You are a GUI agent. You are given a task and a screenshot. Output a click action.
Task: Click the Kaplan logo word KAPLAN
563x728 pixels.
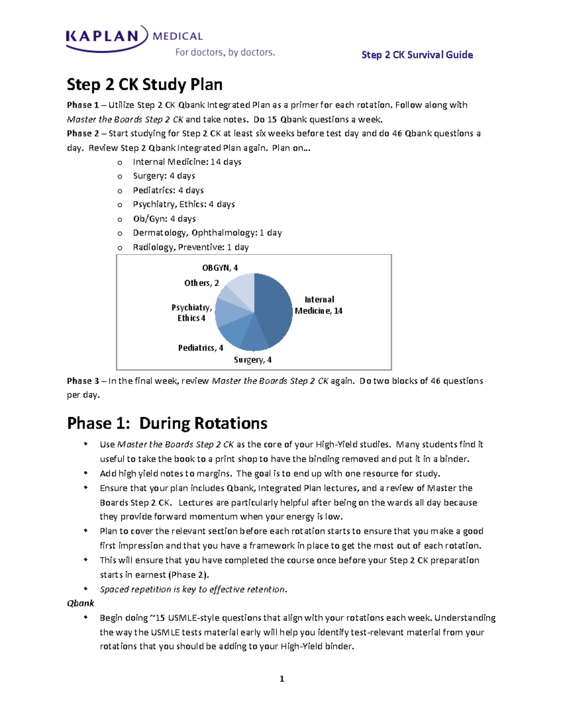point(103,36)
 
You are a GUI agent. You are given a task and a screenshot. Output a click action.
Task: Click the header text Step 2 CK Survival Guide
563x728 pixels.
point(417,55)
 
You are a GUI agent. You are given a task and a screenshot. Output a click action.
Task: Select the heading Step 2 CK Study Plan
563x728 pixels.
point(145,85)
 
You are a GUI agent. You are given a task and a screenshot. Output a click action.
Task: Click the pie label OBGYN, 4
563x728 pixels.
point(220,268)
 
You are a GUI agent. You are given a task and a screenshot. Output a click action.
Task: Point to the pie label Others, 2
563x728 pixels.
point(201,283)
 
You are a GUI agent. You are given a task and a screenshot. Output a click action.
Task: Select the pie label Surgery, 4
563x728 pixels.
point(252,360)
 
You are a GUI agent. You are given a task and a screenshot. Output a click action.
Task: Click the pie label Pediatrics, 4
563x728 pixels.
point(200,348)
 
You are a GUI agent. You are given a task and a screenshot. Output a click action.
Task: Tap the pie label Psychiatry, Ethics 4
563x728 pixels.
point(191,313)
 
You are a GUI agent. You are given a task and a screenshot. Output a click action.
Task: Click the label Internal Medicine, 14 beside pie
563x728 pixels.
point(319,305)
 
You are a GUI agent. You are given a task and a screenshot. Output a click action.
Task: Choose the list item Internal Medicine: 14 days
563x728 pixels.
point(187,162)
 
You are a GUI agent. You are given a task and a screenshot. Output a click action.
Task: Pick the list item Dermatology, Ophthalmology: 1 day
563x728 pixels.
point(207,233)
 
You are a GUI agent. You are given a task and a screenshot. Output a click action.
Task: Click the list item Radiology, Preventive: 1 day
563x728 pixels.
point(190,247)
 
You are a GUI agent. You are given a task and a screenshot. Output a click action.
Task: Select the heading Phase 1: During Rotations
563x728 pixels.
point(167,423)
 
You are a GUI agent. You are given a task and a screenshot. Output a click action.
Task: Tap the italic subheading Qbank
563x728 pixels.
point(80,603)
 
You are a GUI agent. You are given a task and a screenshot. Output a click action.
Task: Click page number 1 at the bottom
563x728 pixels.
point(281,679)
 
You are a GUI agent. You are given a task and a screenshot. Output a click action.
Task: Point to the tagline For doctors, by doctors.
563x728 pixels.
point(225,53)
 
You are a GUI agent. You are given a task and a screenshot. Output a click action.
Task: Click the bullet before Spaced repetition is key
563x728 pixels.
point(86,589)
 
